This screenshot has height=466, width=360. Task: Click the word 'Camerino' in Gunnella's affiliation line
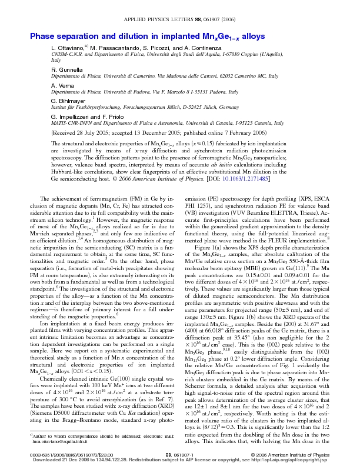click(x=139, y=76)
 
